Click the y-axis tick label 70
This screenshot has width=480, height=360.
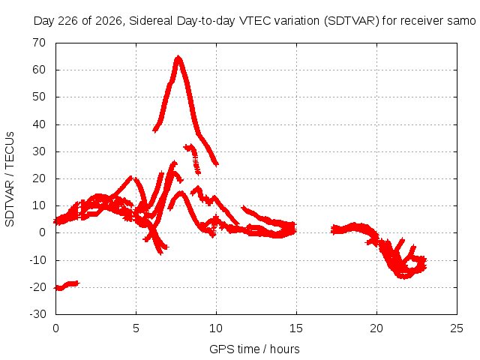click(x=39, y=43)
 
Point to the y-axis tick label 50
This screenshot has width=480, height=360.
click(x=39, y=97)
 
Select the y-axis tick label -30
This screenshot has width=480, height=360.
click(x=37, y=314)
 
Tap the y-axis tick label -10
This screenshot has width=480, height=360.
click(x=37, y=260)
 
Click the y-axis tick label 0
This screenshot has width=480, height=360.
click(x=42, y=232)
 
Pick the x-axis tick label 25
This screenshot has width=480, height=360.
click(x=457, y=328)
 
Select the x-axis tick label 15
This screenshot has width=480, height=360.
click(x=296, y=328)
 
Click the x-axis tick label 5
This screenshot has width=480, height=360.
click(x=136, y=328)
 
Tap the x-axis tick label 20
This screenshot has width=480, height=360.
click(x=376, y=328)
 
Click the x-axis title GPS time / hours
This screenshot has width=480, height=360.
click(x=254, y=349)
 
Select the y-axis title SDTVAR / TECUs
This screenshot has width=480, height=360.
click(x=10, y=179)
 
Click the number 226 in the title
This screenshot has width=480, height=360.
click(x=68, y=21)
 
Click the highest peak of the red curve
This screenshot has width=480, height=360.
click(x=178, y=57)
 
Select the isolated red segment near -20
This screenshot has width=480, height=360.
click(x=67, y=286)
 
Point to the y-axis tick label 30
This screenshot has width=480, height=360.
click(x=39, y=151)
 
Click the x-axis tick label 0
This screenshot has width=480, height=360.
click(x=55, y=328)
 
